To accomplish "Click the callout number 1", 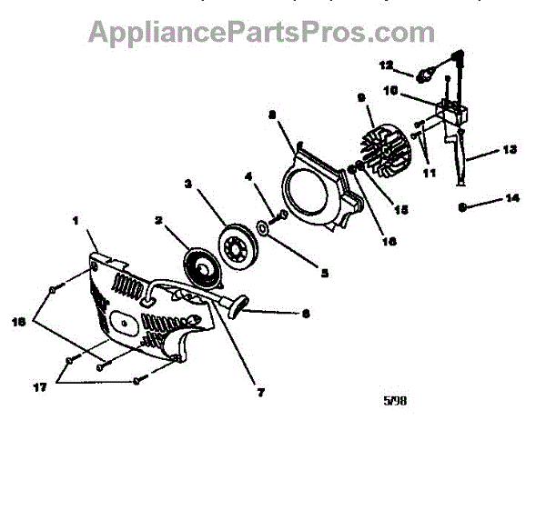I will tap(76, 218).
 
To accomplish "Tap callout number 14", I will tap(511, 197).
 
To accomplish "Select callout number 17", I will tap(39, 387).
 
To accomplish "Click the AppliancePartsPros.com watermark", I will tap(261, 33).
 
